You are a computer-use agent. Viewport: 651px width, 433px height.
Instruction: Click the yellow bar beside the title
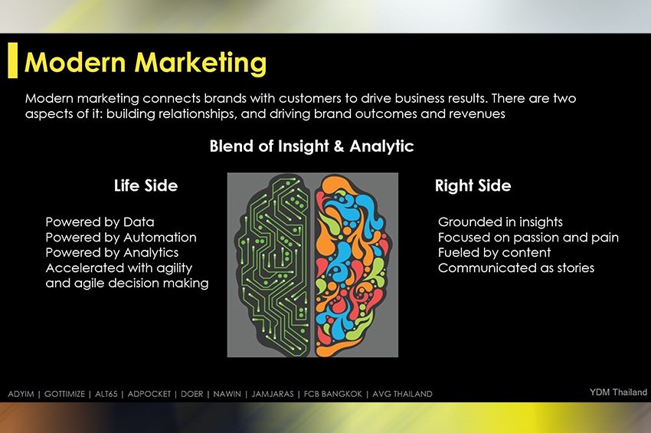pyautogui.click(x=13, y=61)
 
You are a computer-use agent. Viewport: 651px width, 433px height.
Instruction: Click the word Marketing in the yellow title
pyautogui.click(x=200, y=64)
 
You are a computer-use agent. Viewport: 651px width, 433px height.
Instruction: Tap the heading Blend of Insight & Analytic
pyautogui.click(x=312, y=146)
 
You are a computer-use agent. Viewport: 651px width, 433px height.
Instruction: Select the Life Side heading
pyautogui.click(x=146, y=185)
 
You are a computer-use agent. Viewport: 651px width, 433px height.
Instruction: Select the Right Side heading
pyautogui.click(x=473, y=185)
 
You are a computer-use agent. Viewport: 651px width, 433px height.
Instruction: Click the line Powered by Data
pyautogui.click(x=100, y=222)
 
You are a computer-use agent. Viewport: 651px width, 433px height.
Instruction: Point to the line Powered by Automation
pyautogui.click(x=121, y=238)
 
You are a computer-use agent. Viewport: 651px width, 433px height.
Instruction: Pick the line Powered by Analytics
pyautogui.click(x=112, y=253)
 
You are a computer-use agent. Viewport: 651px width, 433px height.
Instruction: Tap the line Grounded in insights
pyautogui.click(x=500, y=222)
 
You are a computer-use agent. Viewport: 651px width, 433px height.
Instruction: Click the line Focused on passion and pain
pyautogui.click(x=528, y=238)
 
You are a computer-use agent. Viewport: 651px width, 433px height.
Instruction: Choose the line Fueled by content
pyautogui.click(x=494, y=253)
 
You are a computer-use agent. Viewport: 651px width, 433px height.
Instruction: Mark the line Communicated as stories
pyautogui.click(x=516, y=268)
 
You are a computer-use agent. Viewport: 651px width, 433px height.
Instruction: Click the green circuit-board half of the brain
pyautogui.click(x=273, y=266)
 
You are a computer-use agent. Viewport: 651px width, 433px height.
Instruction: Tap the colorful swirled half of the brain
pyautogui.click(x=352, y=266)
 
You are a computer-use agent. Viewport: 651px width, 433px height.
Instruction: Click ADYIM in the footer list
pyautogui.click(x=21, y=394)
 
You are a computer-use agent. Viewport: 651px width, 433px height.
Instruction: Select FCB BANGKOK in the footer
pyautogui.click(x=333, y=394)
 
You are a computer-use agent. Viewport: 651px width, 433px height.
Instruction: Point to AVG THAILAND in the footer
pyautogui.click(x=402, y=394)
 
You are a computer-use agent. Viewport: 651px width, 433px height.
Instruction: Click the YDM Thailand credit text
pyautogui.click(x=618, y=392)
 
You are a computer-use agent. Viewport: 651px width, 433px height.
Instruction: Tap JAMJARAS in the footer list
pyautogui.click(x=273, y=394)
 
